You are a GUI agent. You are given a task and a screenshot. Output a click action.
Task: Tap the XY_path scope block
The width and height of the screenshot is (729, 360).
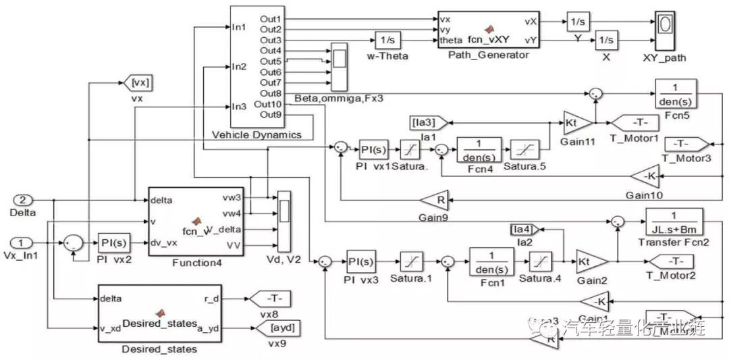coord(665,29)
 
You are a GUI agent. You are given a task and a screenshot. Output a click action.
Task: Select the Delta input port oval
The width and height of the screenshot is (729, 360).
coord(24,200)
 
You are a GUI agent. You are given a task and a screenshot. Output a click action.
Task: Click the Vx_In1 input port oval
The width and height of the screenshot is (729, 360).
coord(24,242)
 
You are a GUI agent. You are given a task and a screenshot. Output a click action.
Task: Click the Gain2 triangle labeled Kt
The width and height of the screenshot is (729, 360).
coord(591,260)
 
